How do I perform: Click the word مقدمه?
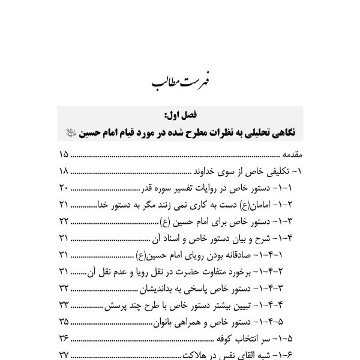(288, 155)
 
